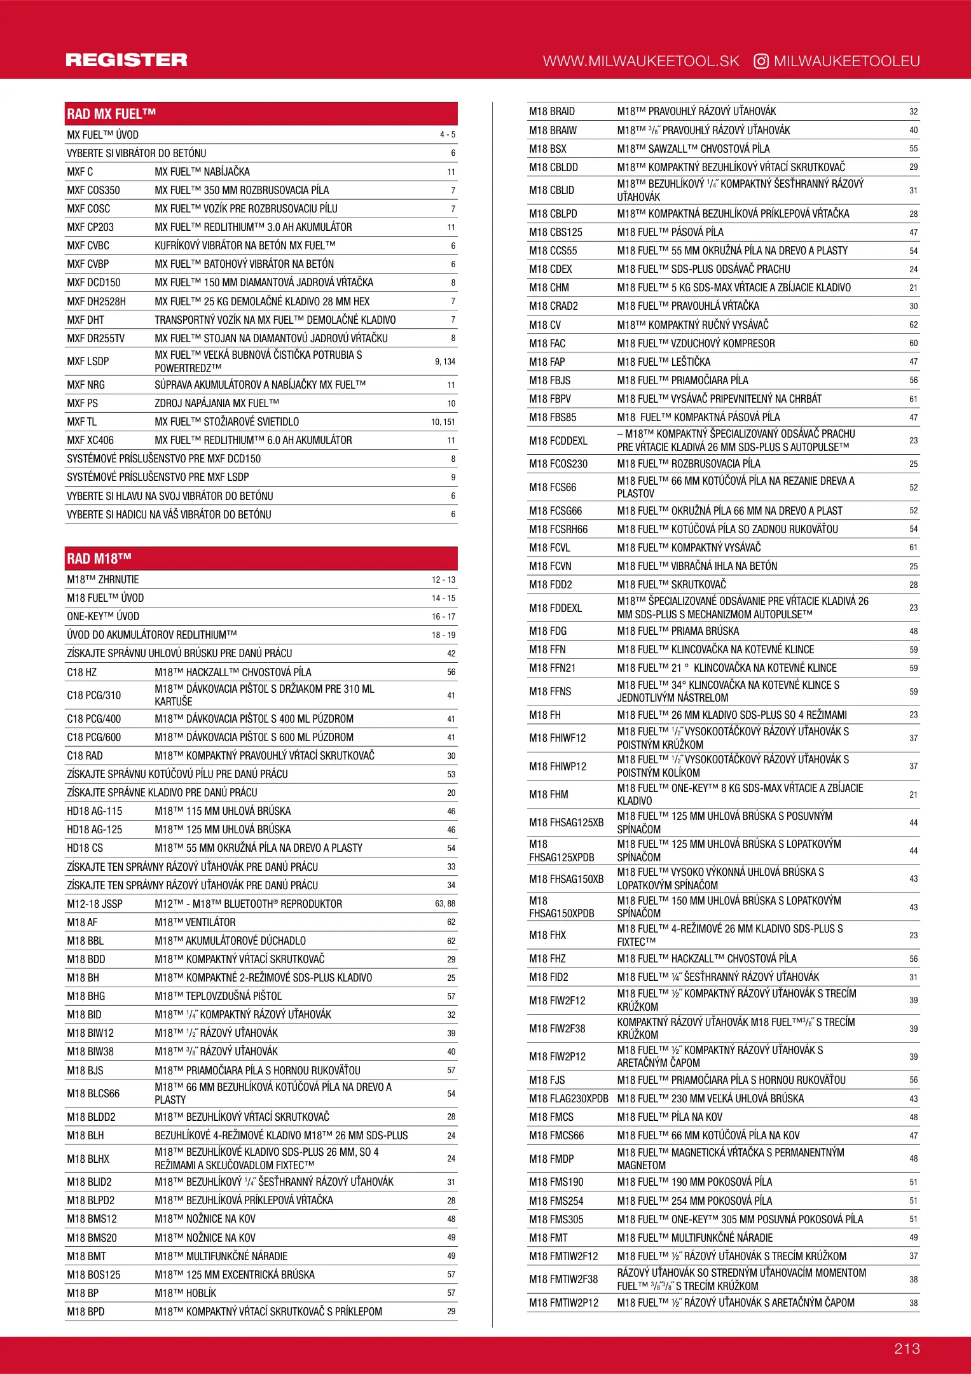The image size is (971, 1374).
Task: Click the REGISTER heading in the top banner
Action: click(x=127, y=60)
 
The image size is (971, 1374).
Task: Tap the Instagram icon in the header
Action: click(x=761, y=61)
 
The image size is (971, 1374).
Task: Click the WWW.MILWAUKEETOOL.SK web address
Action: click(x=641, y=61)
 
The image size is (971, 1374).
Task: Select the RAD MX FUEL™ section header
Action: click(x=111, y=114)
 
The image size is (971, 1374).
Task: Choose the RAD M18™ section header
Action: click(x=99, y=559)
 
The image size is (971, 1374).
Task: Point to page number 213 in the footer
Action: click(x=907, y=1349)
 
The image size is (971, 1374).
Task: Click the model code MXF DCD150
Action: click(x=93, y=282)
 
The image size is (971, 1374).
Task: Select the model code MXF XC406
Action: click(x=92, y=440)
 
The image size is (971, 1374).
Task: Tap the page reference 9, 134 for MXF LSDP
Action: click(x=445, y=361)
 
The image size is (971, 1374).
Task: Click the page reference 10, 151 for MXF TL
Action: click(x=443, y=422)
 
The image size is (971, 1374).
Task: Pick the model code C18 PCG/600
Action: click(x=93, y=737)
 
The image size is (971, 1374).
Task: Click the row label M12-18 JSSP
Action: click(x=95, y=904)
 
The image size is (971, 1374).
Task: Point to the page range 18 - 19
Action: click(x=443, y=635)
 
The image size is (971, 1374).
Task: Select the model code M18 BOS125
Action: click(x=93, y=1275)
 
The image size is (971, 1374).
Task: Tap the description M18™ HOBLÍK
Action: click(x=186, y=1293)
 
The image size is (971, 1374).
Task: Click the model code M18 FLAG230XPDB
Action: click(x=568, y=1099)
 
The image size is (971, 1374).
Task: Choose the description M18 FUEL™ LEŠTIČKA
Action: click(x=663, y=362)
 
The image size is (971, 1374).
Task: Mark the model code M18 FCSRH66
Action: click(x=558, y=529)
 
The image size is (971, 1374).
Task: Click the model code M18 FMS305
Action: click(x=556, y=1219)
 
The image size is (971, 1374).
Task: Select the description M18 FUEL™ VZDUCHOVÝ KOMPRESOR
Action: click(x=696, y=343)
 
